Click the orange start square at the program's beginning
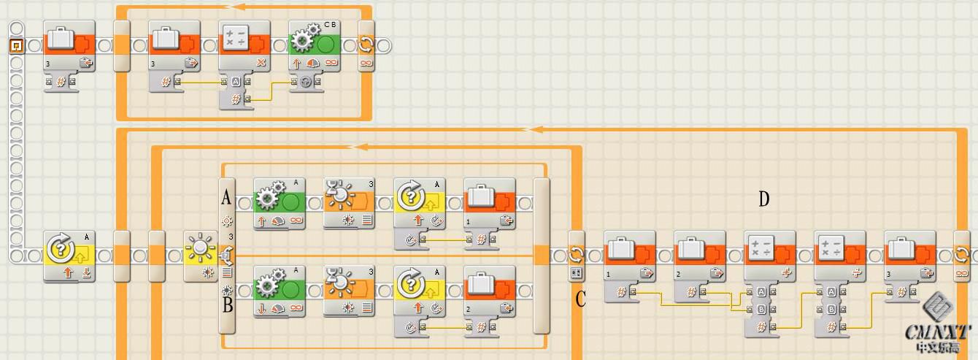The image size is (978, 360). point(16,45)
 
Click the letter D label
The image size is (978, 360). point(763,199)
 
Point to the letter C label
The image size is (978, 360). point(580,299)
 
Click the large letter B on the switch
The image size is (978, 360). point(227,305)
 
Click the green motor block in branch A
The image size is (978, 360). point(279,202)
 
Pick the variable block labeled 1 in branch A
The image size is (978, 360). point(489,202)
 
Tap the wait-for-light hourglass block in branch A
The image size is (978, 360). point(349,202)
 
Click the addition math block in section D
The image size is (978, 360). point(769,255)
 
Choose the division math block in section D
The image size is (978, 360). point(839,255)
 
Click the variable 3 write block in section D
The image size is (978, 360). point(909,255)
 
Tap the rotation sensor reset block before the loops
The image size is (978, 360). point(69,255)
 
